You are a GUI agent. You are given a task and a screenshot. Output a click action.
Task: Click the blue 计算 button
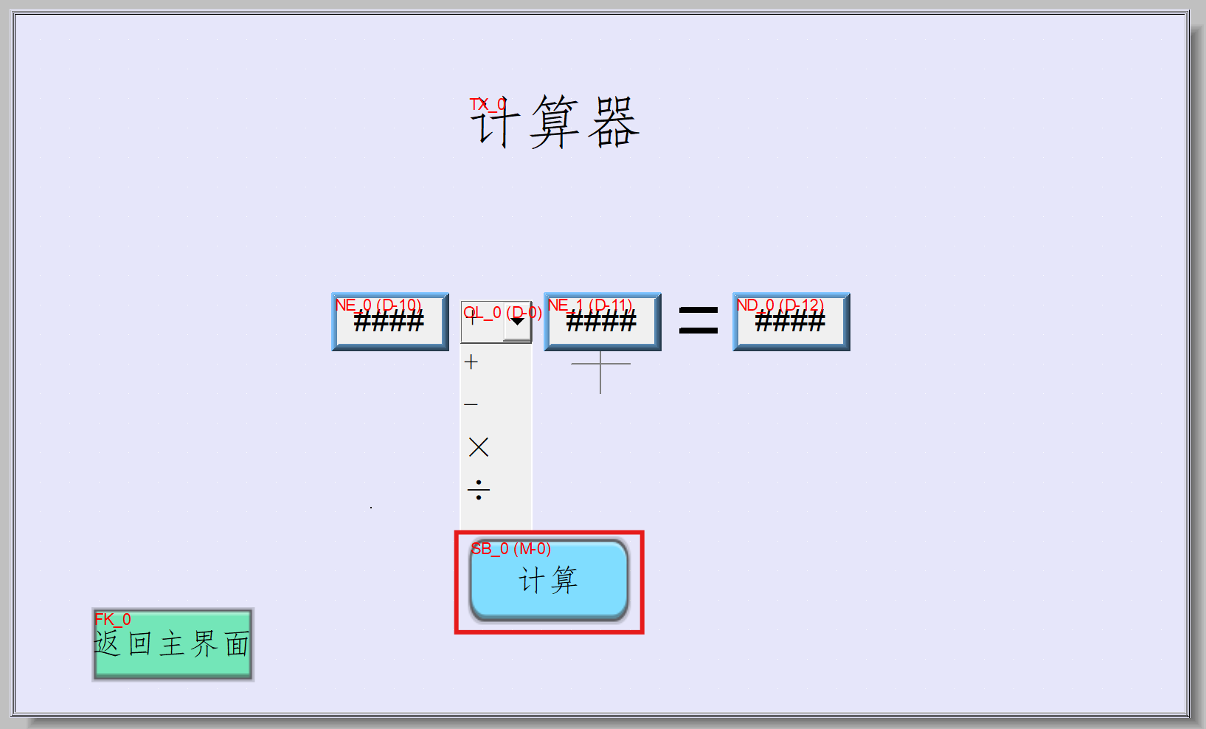549,581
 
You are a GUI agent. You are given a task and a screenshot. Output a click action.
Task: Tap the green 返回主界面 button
173,644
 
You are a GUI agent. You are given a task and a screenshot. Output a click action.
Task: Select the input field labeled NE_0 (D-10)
389,322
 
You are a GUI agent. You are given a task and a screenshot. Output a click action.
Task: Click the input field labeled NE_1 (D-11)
602,322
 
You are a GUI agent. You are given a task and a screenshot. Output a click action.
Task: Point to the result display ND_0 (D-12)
791,322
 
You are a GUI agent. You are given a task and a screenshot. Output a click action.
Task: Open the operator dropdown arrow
518,322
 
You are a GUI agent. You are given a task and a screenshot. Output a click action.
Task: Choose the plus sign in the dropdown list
471,362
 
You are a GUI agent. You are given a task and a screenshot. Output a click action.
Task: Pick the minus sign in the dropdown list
471,404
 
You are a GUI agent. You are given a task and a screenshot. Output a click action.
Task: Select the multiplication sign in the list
478,447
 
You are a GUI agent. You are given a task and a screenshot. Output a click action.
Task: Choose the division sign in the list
478,489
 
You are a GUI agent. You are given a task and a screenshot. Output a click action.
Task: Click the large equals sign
698,321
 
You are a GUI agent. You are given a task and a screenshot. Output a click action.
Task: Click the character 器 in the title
613,122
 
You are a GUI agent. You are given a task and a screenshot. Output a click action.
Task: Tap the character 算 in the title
555,122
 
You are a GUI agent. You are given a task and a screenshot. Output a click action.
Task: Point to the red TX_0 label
488,105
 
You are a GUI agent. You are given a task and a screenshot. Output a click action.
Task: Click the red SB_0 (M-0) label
510,549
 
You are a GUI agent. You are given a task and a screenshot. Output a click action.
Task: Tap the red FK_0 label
112,620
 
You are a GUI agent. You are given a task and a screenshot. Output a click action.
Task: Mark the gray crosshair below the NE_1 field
600,364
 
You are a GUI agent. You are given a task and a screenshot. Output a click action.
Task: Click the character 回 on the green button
140,644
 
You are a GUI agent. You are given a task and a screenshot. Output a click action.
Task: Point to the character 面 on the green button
237,644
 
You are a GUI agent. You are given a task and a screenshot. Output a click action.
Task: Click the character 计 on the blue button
531,581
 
